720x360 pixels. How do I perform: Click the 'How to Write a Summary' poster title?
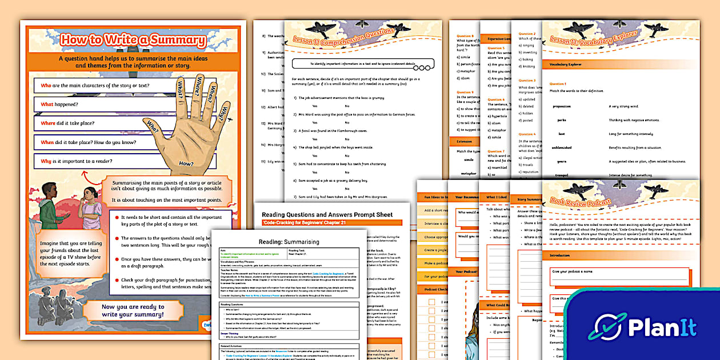coord(133,40)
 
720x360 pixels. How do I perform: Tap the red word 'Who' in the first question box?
coord(46,86)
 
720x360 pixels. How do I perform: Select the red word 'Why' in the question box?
coord(46,162)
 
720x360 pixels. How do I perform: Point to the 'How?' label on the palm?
coord(186,163)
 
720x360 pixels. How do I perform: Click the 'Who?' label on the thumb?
coord(153,125)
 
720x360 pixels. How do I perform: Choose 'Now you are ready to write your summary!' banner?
coord(133,311)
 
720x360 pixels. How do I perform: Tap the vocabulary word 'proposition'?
coord(562,106)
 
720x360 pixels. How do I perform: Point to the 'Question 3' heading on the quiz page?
coord(526,81)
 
